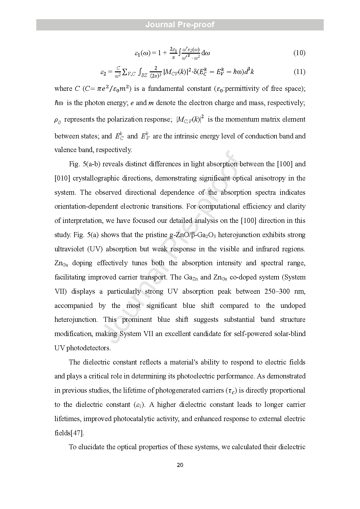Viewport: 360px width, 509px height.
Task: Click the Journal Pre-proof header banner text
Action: pyautogui.click(x=180, y=25)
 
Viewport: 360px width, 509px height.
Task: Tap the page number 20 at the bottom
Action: pyautogui.click(x=180, y=465)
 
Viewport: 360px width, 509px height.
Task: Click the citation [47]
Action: pyautogui.click(x=77, y=433)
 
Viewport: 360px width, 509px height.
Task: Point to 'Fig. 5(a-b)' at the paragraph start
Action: pyautogui.click(x=84, y=164)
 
